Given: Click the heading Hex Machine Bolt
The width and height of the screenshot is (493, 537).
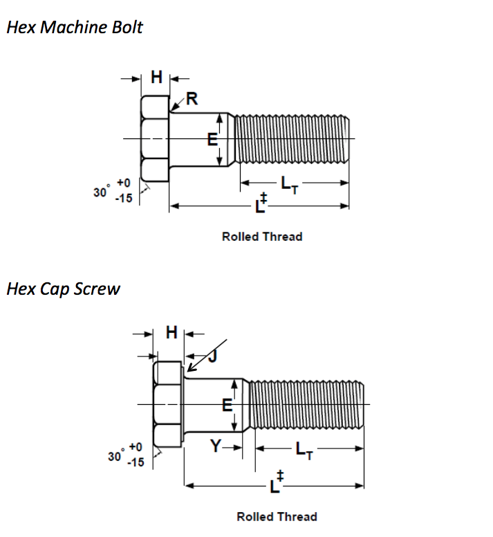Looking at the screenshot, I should click(75, 28).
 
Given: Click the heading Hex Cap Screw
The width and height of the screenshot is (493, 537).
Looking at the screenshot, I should click(63, 289).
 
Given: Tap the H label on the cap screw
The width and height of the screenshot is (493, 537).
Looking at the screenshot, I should click(172, 332).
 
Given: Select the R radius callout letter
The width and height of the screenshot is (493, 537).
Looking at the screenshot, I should click(192, 99).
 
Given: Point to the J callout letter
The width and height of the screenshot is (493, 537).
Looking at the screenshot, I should click(212, 356).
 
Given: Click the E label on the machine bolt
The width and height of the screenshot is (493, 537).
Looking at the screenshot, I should click(213, 140).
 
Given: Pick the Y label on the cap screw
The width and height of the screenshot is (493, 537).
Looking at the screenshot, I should click(216, 447).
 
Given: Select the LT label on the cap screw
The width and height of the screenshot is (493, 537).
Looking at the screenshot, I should click(304, 450).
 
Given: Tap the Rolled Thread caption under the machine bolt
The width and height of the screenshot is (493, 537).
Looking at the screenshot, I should click(262, 237).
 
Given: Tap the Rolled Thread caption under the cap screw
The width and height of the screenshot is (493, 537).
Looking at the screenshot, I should click(277, 516).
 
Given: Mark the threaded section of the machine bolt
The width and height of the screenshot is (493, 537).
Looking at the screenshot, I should click(293, 140).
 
